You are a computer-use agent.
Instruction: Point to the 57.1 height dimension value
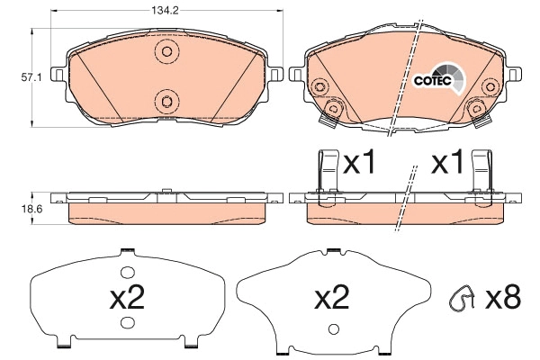(x=15, y=78)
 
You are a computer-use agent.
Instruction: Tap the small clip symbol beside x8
(x=463, y=298)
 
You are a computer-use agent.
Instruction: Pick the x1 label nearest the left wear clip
(x=359, y=163)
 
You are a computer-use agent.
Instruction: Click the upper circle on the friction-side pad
(x=163, y=51)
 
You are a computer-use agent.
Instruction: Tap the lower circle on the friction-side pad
(x=163, y=99)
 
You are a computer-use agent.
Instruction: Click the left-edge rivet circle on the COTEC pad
(x=319, y=87)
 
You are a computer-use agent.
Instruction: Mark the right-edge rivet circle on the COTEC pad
(x=490, y=87)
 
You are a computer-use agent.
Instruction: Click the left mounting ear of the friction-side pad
(x=56, y=75)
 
